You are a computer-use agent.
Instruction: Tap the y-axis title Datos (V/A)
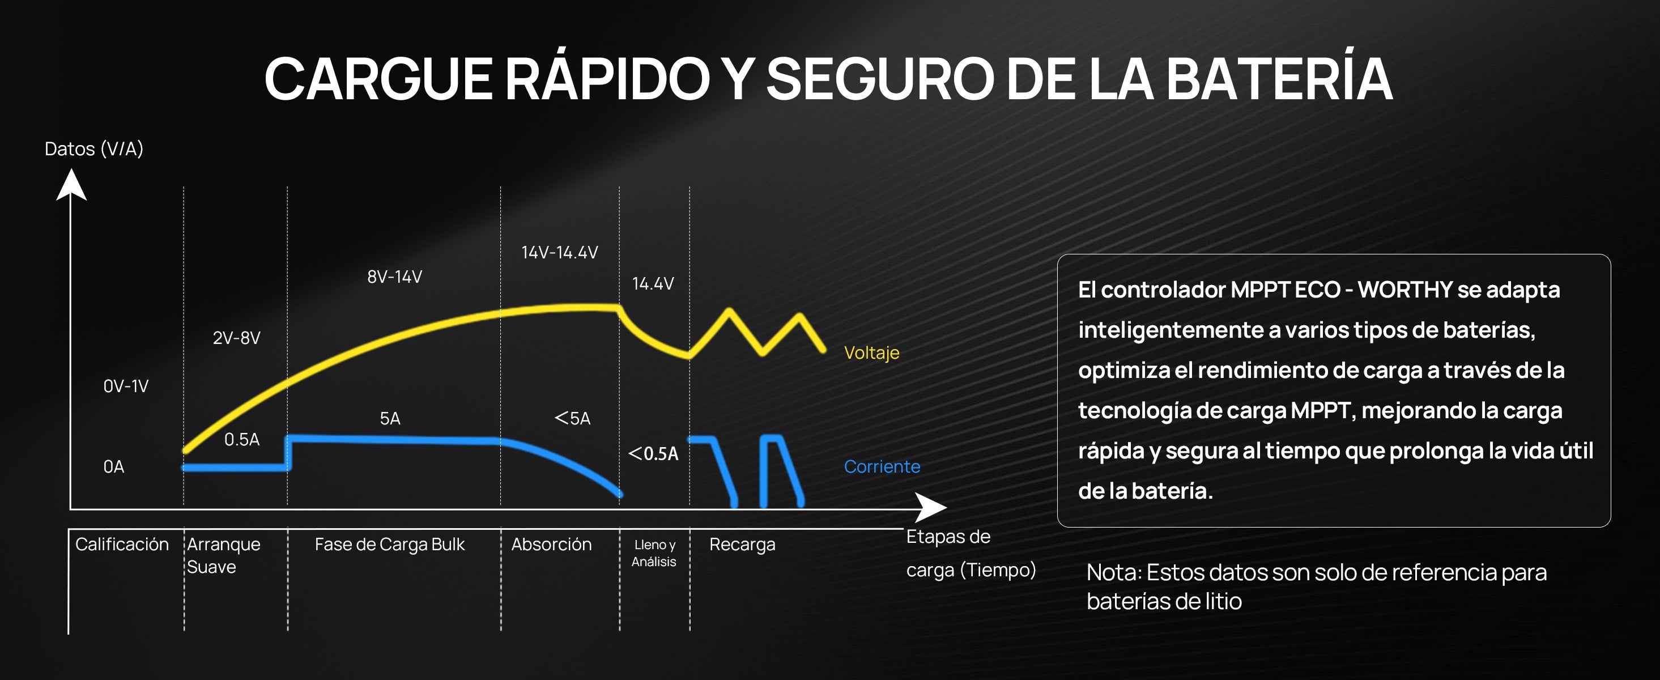94,149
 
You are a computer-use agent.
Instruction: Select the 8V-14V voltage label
394,277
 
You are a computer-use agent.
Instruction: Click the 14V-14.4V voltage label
559,252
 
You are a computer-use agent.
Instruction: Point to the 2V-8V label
236,338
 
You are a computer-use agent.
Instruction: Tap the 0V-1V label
126,386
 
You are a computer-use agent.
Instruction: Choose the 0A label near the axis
113,467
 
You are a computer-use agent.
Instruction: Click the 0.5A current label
242,440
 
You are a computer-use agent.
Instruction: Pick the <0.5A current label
653,454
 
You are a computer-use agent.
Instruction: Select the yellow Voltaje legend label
871,352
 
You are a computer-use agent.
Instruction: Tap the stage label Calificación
122,544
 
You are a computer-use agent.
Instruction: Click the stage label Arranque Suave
224,555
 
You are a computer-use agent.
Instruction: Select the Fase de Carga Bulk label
389,545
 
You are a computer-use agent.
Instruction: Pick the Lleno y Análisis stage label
654,553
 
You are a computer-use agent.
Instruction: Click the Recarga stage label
742,545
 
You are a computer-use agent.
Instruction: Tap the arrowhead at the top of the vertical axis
71,184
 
